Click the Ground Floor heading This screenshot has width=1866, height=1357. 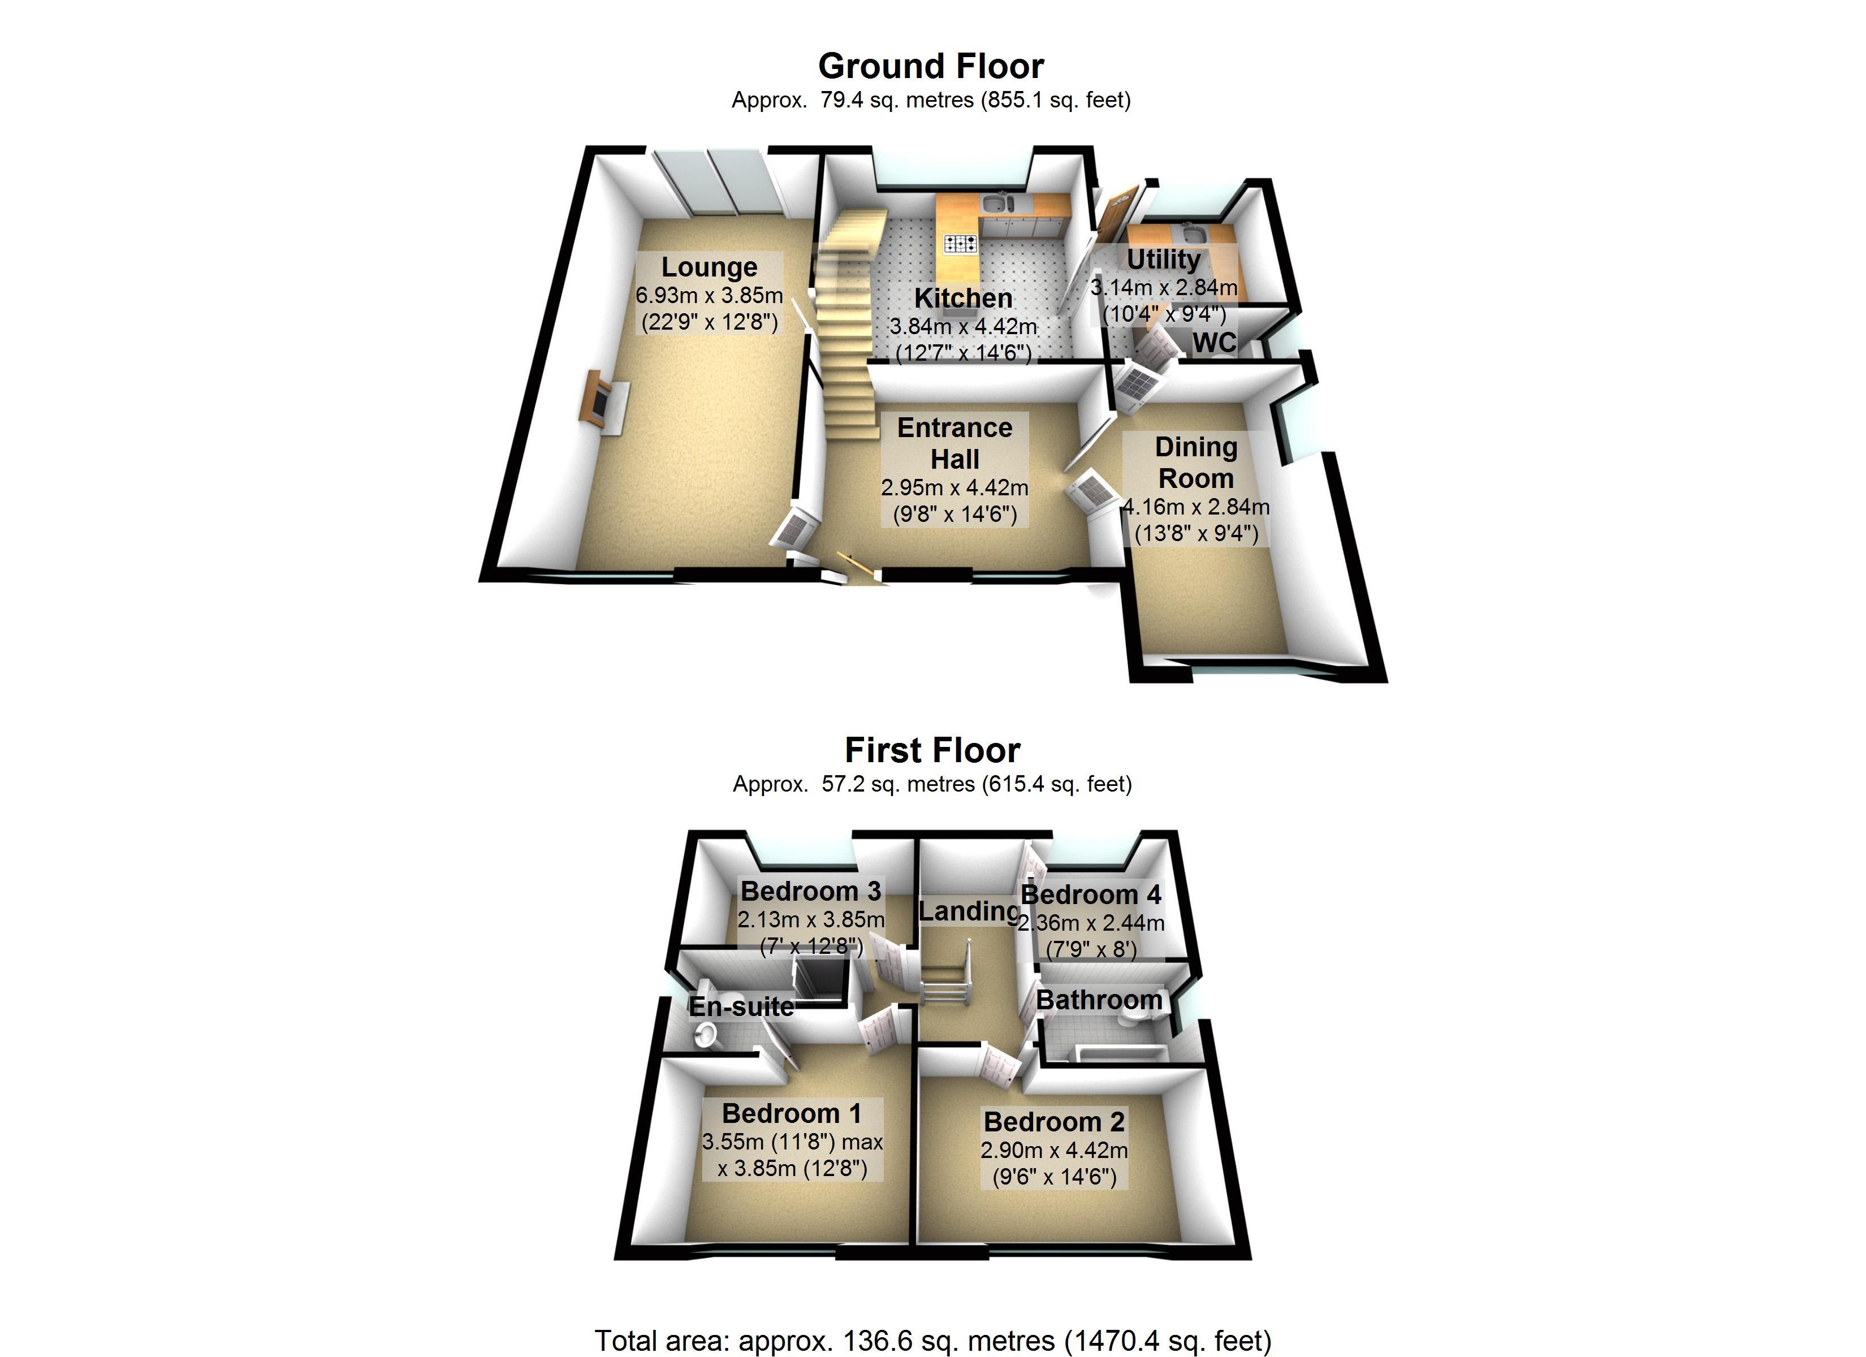coord(931,66)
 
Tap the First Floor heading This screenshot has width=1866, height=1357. coord(932,750)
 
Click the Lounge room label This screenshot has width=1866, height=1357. coord(709,267)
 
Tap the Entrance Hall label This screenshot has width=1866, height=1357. coord(954,443)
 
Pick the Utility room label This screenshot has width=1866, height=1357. coord(1163,259)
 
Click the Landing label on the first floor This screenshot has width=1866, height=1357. coord(969,911)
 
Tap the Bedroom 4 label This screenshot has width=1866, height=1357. coord(1090,894)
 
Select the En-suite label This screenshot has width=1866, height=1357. coord(741,1006)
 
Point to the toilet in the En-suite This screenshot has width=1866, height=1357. coord(706,1034)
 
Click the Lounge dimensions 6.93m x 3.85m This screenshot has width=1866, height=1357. coord(709,295)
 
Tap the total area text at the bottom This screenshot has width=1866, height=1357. coord(932,1341)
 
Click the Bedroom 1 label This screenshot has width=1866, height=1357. coord(792,1113)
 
